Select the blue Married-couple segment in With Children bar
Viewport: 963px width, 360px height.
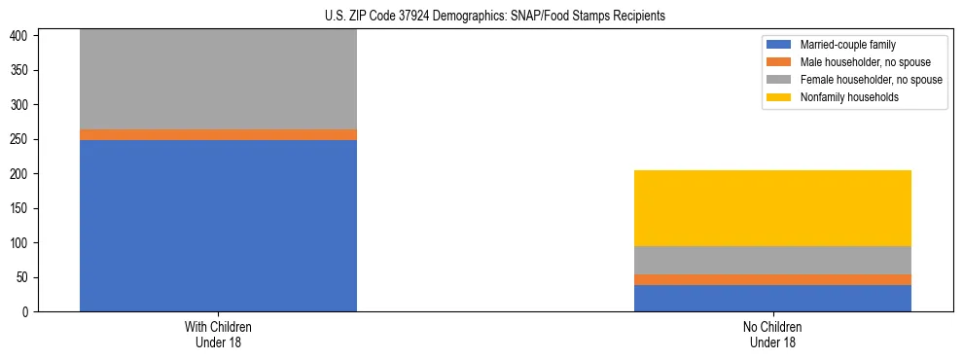(x=218, y=226)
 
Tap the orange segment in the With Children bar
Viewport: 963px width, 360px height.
(x=218, y=134)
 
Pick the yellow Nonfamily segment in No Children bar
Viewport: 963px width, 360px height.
(x=772, y=208)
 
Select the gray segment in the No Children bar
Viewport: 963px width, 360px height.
(x=772, y=260)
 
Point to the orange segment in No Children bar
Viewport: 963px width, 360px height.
(x=772, y=279)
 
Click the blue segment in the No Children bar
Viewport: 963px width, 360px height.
(x=772, y=298)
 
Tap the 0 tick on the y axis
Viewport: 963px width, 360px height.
(x=28, y=311)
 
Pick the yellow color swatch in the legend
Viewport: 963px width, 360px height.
(x=779, y=97)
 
